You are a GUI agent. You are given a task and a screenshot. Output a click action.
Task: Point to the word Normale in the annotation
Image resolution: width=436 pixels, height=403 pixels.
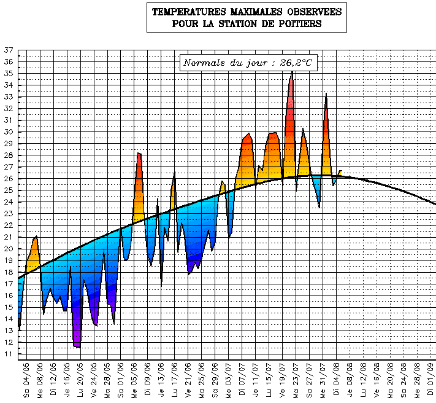[204, 63]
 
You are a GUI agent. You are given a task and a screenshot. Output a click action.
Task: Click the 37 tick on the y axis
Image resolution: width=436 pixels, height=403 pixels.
[8, 50]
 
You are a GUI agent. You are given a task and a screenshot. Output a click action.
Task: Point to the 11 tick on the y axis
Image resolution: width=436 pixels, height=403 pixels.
[8, 354]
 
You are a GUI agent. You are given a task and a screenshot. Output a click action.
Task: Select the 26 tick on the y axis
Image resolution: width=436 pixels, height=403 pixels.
[8, 179]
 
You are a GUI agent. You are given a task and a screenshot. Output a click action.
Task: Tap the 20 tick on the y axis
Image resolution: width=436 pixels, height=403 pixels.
[8, 249]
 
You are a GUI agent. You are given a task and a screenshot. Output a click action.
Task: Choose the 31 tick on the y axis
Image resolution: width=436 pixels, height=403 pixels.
[8, 120]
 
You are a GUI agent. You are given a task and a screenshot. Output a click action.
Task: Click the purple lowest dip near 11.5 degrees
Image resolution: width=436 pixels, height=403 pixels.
[77, 346]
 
